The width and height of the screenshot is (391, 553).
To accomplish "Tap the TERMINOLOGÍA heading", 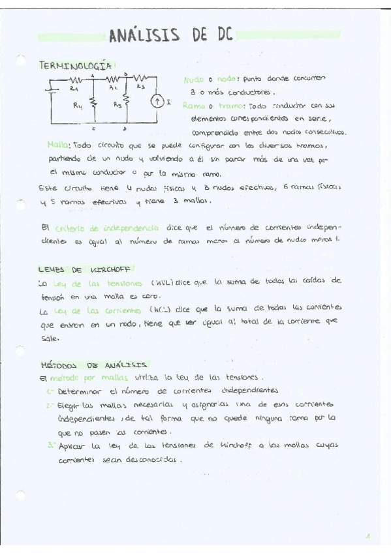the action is [77, 65].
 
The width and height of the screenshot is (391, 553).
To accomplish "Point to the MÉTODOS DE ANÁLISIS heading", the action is [94, 365].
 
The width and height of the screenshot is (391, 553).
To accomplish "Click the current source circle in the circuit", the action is [157, 101].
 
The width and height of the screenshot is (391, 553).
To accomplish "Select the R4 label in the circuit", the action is [78, 103].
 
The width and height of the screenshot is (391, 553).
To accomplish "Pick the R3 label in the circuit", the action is [140, 85].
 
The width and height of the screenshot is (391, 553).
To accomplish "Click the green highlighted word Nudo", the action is [193, 79].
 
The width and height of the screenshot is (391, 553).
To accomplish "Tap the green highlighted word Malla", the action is [59, 145].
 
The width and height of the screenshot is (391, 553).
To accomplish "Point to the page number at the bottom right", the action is [368, 537].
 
